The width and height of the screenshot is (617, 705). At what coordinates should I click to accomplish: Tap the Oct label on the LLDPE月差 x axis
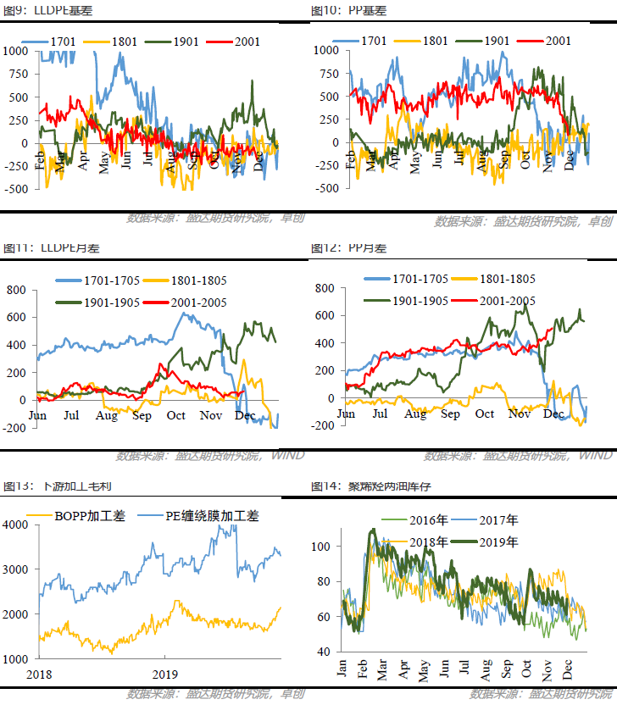(176, 415)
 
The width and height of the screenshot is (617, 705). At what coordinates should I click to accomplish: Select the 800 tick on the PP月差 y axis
(325, 288)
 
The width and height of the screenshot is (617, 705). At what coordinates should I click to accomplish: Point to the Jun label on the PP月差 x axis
(346, 414)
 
